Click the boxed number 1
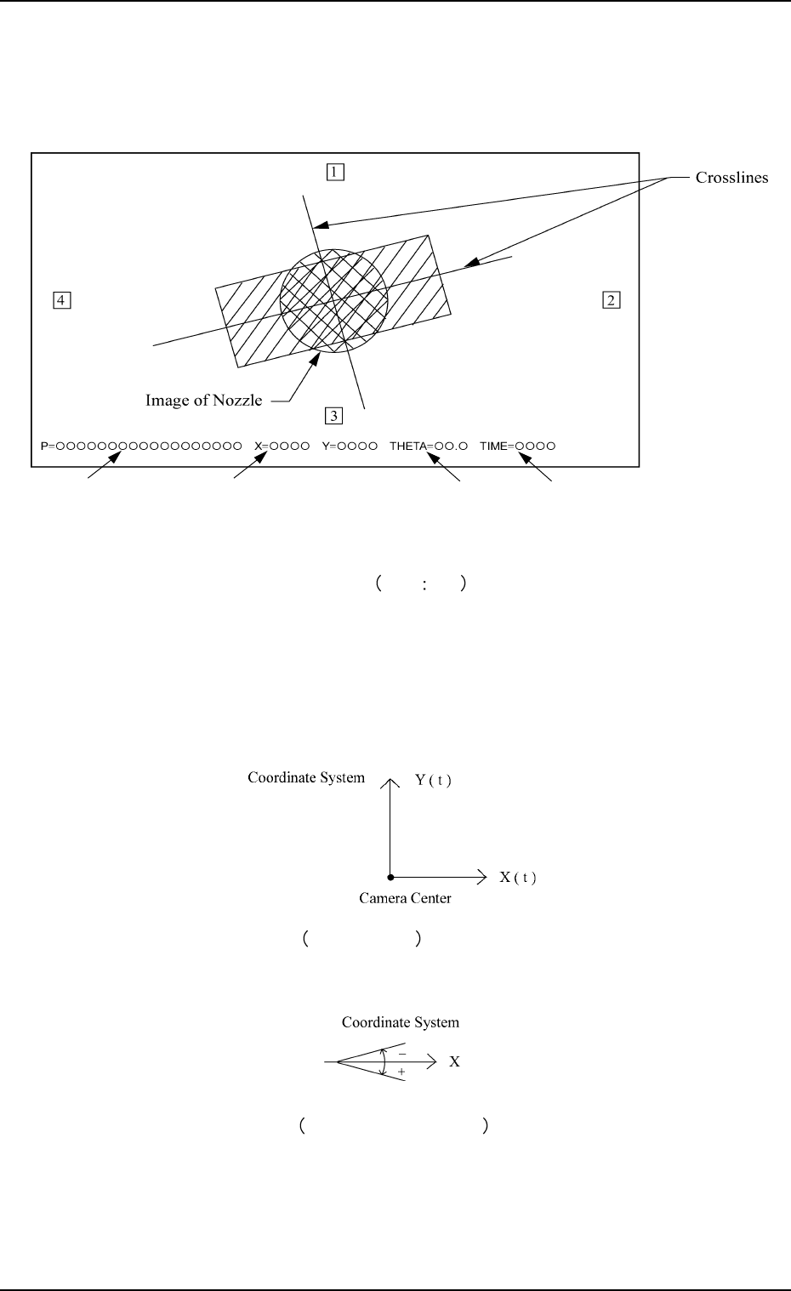[335, 172]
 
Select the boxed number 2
[612, 299]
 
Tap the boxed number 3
[335, 415]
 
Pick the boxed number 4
[60, 299]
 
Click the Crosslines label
[731, 178]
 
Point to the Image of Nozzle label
[203, 400]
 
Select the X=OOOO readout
[282, 446]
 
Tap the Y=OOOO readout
[350, 446]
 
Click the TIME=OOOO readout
[517, 446]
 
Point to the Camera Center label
[405, 898]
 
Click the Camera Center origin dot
[390, 876]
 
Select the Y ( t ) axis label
[433, 779]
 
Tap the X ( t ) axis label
[517, 877]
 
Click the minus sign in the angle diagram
[401, 1053]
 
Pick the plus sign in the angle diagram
[401, 1072]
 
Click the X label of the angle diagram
[455, 1062]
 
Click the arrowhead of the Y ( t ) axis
[390, 780]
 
